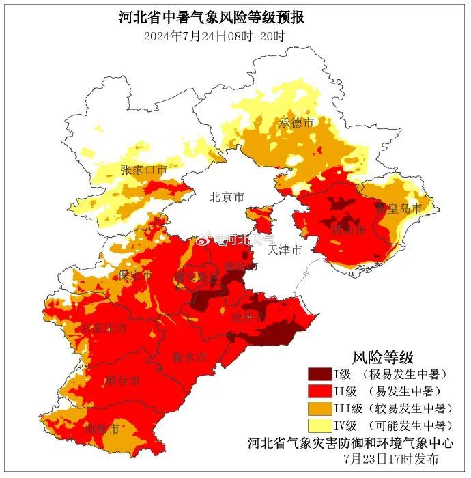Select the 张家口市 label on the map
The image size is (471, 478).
click(x=143, y=170)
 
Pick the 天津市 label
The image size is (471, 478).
click(x=285, y=250)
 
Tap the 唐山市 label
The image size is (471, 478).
click(x=348, y=230)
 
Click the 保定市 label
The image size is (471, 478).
click(x=134, y=275)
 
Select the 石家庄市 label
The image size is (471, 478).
click(x=104, y=328)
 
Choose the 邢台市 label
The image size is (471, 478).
click(x=123, y=380)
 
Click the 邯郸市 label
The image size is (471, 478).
click(x=102, y=430)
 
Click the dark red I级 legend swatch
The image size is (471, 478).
click(x=319, y=374)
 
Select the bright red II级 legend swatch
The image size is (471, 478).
click(x=319, y=391)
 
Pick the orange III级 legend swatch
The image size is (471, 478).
click(x=319, y=408)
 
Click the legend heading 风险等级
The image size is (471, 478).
click(x=383, y=356)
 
